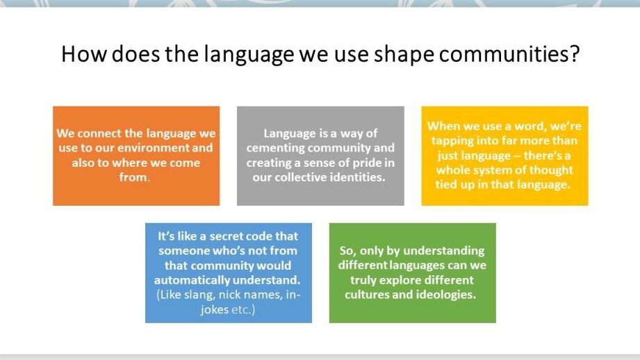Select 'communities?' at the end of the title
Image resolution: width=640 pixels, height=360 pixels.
(x=520, y=54)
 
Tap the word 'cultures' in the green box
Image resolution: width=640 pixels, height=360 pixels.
(x=373, y=295)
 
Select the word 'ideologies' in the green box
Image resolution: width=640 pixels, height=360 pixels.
(x=445, y=295)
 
